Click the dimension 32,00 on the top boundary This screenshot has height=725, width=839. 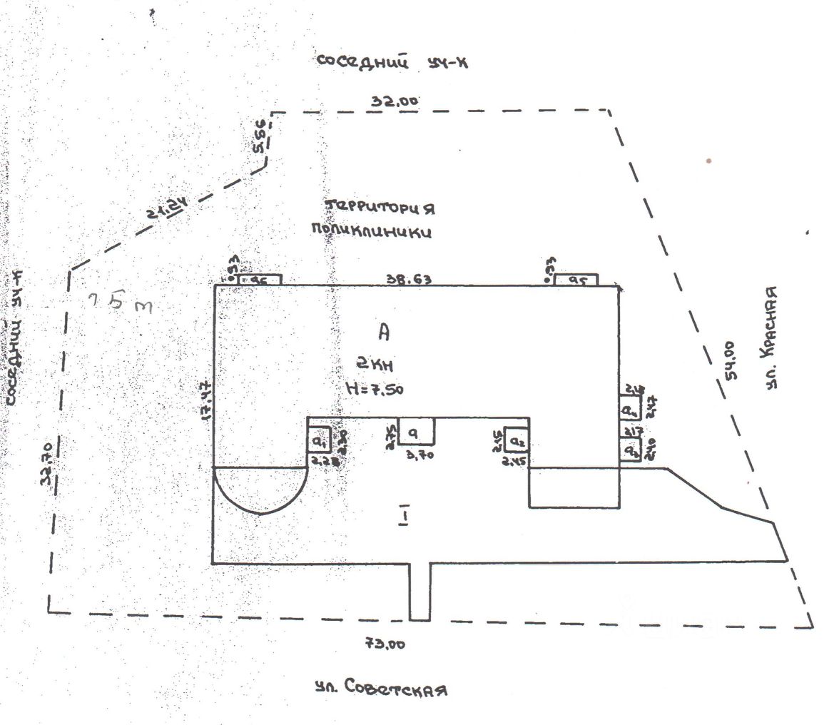pyautogui.click(x=394, y=101)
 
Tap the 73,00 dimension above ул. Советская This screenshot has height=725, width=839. pyautogui.click(x=386, y=644)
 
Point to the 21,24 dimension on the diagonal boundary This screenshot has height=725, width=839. pyautogui.click(x=168, y=211)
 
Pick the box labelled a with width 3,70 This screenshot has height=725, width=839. pyautogui.click(x=417, y=431)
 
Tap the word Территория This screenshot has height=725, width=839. pyautogui.click(x=380, y=208)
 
